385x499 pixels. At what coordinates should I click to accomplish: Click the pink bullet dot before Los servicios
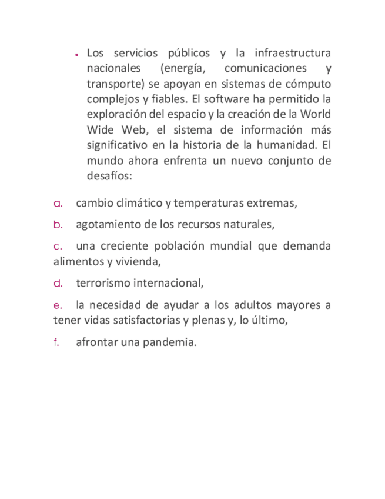tap(77, 54)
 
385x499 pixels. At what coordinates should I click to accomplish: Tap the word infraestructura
tap(292, 53)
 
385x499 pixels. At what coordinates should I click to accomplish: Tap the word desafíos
tap(109, 176)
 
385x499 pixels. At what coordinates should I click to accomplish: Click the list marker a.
tap(58, 204)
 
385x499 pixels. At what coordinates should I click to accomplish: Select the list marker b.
tap(58, 224)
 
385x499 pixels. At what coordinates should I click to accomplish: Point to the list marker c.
tap(57, 245)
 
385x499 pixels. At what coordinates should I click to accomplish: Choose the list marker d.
tap(58, 283)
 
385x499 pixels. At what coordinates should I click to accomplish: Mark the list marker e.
tap(57, 305)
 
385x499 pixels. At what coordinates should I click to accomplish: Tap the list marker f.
tap(56, 342)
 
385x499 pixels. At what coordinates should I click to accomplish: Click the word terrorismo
tap(103, 283)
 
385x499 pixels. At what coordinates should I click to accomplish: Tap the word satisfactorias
tap(149, 320)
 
